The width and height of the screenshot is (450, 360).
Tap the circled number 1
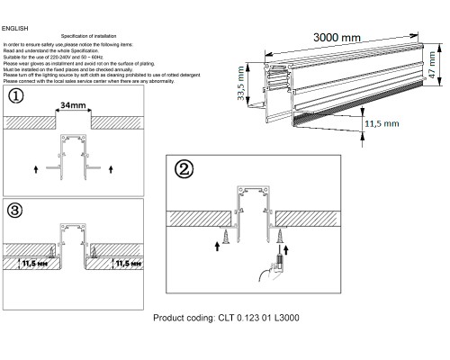point(15,96)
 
